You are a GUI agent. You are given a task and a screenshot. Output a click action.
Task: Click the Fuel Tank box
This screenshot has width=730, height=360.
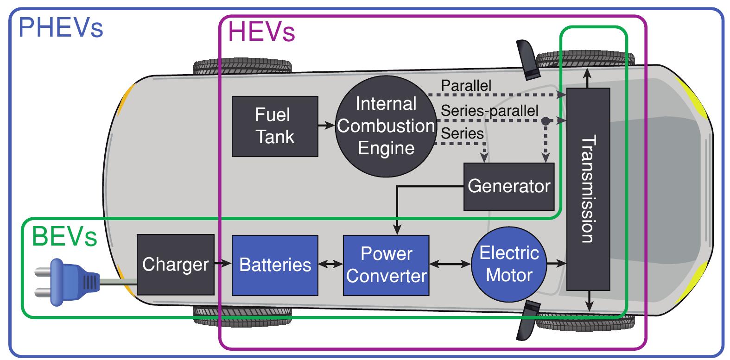275,126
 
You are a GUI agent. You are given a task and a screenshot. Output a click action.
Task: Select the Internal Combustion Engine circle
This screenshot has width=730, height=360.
386,126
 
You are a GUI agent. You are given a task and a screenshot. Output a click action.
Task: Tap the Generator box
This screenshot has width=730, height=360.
508,186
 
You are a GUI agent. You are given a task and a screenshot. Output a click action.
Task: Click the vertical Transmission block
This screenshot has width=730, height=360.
588,189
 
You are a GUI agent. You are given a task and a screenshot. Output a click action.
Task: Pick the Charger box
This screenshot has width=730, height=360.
175,265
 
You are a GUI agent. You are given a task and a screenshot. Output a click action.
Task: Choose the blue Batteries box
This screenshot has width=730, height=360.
275,265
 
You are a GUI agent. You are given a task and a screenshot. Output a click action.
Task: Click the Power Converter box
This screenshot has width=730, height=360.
386,265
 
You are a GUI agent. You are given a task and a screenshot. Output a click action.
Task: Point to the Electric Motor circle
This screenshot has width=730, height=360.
509,265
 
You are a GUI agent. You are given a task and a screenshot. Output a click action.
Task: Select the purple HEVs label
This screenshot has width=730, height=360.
262,32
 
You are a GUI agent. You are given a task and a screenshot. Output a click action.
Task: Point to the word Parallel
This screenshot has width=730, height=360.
466,86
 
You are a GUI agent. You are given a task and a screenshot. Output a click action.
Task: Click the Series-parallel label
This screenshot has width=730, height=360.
489,111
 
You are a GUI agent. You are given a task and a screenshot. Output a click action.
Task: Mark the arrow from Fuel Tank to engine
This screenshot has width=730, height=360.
326,125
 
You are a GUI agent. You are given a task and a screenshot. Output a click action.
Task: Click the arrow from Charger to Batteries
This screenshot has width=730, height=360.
223,264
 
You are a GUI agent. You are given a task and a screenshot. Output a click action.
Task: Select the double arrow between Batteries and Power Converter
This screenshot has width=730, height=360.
330,265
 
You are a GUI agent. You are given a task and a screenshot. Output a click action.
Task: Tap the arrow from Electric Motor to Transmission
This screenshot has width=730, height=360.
556,265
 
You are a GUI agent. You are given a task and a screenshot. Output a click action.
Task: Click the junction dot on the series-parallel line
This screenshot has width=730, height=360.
546,121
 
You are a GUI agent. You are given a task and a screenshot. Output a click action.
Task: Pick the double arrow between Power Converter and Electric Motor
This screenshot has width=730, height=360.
450,265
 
